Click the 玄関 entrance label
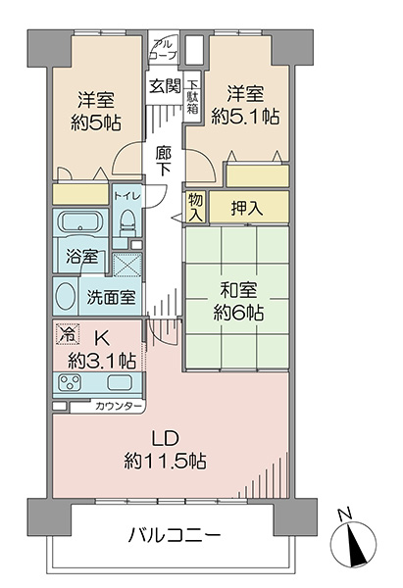pyautogui.click(x=166, y=86)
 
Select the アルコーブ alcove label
pyautogui.click(x=163, y=50)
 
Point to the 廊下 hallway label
pyautogui.click(x=164, y=162)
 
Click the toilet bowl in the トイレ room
pyautogui.click(x=127, y=222)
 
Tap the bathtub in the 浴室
pyautogui.click(x=79, y=222)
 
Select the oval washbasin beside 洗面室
pyautogui.click(x=64, y=296)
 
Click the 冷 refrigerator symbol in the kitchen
pyautogui.click(x=68, y=334)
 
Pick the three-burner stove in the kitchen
pyautogui.click(x=71, y=382)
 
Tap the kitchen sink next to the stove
pyautogui.click(x=120, y=382)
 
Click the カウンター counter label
pyautogui.click(x=119, y=406)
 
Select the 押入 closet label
pyautogui.click(x=246, y=207)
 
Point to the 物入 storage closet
pyautogui.click(x=195, y=207)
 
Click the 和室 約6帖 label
pyautogui.click(x=238, y=301)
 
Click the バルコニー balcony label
pyautogui.click(x=175, y=535)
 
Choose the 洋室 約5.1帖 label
pyautogui.click(x=245, y=105)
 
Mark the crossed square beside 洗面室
pyautogui.click(x=127, y=265)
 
